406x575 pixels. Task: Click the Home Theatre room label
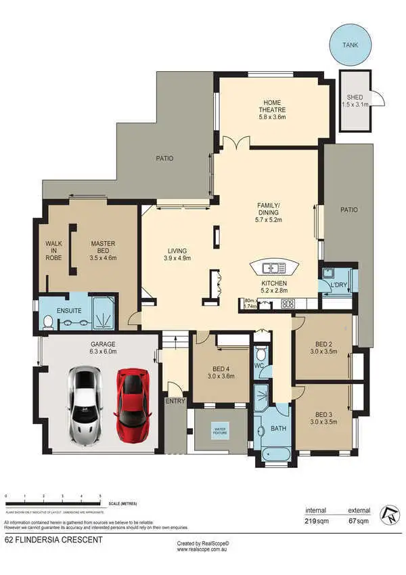tap(274, 109)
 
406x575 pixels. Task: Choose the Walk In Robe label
tap(53, 251)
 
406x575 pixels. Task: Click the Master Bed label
tap(104, 251)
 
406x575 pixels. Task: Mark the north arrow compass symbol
tap(389, 514)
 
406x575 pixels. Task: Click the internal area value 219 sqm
tap(315, 521)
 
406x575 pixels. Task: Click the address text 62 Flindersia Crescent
tap(53, 540)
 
